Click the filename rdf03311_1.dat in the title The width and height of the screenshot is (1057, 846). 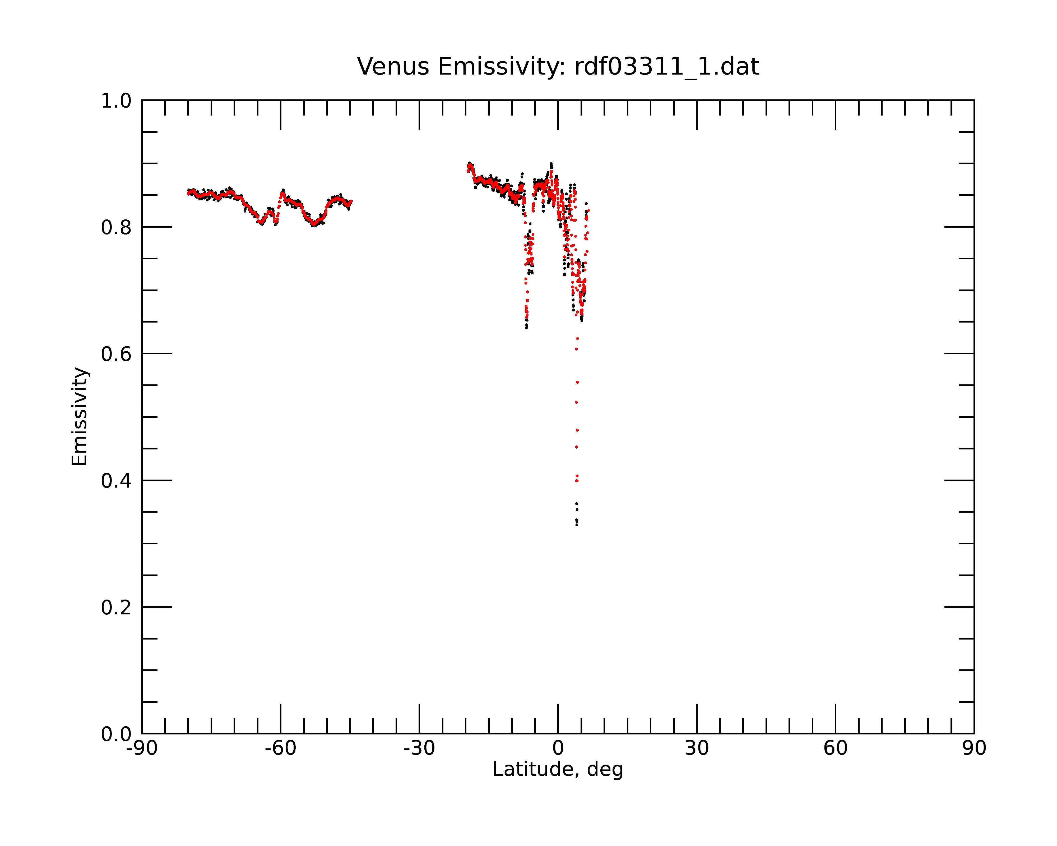[667, 67]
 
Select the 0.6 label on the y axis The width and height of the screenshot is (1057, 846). [116, 354]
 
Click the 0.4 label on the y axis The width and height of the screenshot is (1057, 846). [116, 481]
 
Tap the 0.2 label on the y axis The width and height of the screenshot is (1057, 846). [116, 607]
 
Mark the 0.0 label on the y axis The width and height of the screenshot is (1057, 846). [116, 734]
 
